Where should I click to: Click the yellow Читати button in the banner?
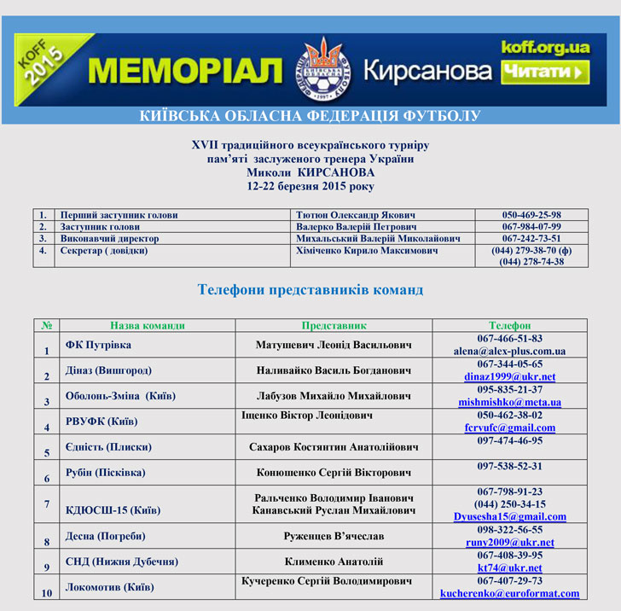[x=545, y=73]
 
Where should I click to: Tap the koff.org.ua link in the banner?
[x=545, y=48]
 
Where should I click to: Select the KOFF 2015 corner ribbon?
[x=44, y=66]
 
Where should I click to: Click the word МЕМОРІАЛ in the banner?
[x=185, y=71]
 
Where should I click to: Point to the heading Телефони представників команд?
[x=310, y=290]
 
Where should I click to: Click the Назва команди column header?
[x=147, y=325]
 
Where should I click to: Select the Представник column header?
[x=334, y=325]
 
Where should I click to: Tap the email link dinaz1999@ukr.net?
[x=509, y=376]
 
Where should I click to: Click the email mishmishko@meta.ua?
[x=509, y=402]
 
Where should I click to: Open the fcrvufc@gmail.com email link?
[x=509, y=428]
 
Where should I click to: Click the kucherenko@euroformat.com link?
[x=509, y=592]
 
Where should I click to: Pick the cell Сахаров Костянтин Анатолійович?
[x=334, y=447]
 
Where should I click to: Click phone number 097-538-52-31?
[x=509, y=466]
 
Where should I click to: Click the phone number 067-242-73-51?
[x=531, y=239]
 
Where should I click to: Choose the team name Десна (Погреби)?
[x=105, y=537]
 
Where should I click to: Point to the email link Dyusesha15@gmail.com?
[x=509, y=516]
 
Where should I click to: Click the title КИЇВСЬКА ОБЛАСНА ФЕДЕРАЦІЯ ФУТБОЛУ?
[x=310, y=115]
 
